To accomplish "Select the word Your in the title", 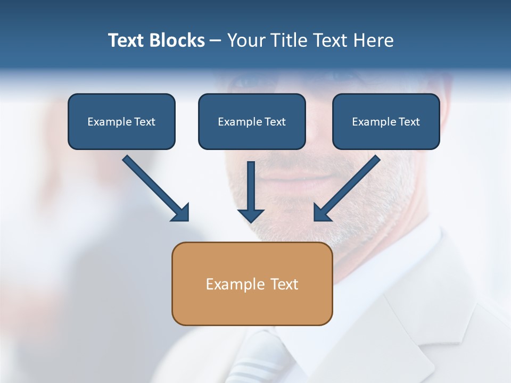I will pos(246,40).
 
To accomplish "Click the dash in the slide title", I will pos(216,41).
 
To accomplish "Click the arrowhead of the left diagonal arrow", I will pos(182,213).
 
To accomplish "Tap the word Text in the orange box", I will pos(284,284).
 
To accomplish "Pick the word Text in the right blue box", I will pos(409,122).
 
